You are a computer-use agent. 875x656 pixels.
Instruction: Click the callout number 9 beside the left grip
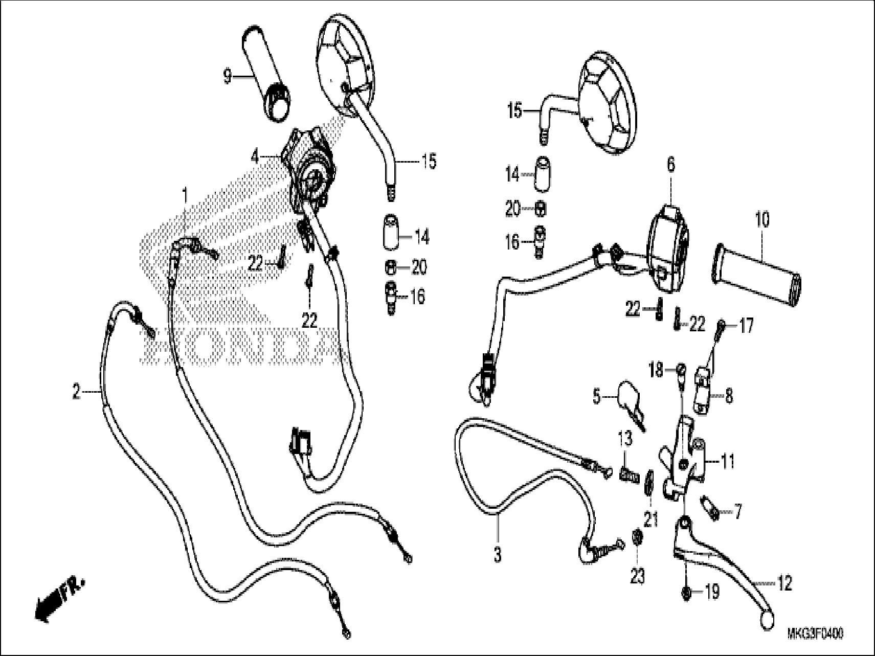pyautogui.click(x=227, y=77)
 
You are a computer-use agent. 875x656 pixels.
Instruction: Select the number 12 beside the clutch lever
pyautogui.click(x=784, y=583)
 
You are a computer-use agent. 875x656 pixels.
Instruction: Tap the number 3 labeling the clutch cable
pyautogui.click(x=498, y=555)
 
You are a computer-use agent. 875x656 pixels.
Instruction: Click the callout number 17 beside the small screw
pyautogui.click(x=747, y=326)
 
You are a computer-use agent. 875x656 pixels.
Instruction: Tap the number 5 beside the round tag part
pyautogui.click(x=596, y=396)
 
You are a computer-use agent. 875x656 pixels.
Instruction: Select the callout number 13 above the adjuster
pyautogui.click(x=624, y=438)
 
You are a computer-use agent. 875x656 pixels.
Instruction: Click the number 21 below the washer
pyautogui.click(x=650, y=520)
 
